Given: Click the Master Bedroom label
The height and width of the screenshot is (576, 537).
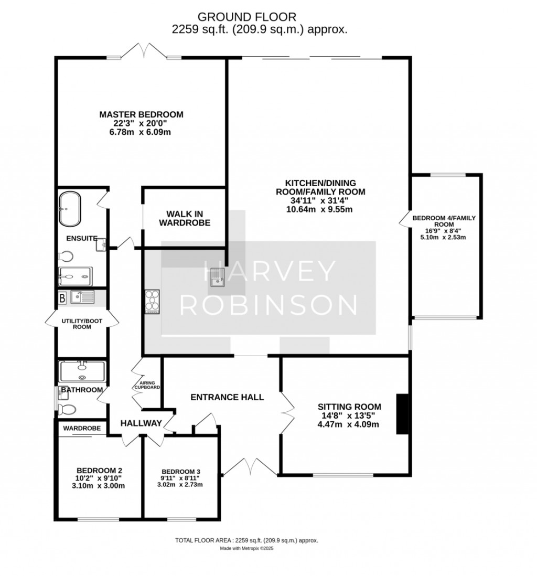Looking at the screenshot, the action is [141, 114].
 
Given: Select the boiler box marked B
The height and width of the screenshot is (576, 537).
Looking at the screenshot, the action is [62, 298].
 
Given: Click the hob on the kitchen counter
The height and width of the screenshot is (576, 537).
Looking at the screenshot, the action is [153, 302].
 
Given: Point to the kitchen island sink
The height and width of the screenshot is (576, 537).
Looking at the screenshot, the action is [217, 277].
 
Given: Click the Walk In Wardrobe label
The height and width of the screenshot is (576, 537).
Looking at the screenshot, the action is [185, 218].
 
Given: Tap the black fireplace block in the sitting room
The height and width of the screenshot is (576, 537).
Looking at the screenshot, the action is [403, 414].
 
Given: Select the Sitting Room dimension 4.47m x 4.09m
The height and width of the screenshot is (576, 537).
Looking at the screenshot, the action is [348, 424].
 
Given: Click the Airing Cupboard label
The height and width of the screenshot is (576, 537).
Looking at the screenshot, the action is [147, 385].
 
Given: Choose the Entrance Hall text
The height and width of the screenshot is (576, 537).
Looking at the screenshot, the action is [228, 397].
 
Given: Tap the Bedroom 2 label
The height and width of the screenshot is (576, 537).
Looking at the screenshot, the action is [99, 471].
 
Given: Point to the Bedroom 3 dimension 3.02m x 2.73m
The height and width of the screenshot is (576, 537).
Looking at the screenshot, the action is [180, 485].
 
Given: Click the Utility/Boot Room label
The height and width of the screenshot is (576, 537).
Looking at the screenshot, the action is [82, 324].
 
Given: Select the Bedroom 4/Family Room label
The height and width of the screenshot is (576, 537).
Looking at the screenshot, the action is [444, 221].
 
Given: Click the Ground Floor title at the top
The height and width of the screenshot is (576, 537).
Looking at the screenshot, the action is [247, 17].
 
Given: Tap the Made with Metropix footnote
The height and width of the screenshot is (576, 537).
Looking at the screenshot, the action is [247, 548].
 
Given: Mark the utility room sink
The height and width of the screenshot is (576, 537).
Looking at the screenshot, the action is [83, 297].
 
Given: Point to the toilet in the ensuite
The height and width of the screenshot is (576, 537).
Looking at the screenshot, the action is [66, 255].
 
